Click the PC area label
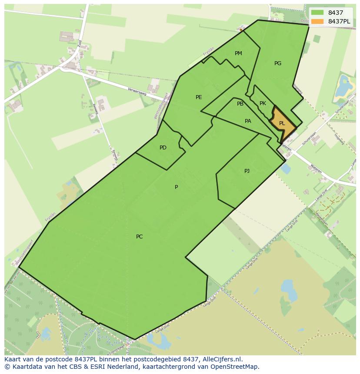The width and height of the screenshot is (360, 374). [139, 237]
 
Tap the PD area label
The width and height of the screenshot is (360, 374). [163, 148]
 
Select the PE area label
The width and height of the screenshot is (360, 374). [199, 97]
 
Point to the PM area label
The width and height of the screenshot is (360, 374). [238, 53]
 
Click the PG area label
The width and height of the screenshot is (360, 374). [278, 63]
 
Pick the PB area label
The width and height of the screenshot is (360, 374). [240, 104]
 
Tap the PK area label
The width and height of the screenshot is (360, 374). [263, 103]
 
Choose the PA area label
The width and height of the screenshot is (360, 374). [248, 121]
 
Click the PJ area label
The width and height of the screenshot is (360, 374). [247, 171]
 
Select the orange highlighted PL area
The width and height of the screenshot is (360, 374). [282, 123]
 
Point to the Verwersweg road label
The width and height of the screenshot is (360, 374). [137, 90]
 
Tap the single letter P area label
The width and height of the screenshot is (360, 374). [176, 187]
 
